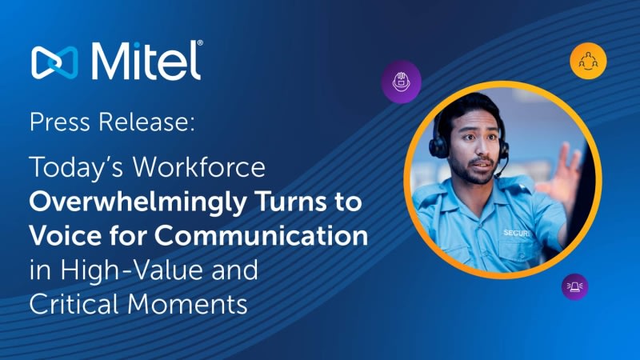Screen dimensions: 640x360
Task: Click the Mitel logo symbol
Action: pos(54,62)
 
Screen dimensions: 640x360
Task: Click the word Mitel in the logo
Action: pos(145,61)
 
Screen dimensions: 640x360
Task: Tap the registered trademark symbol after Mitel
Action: pos(200,43)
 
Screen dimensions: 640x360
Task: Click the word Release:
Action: pos(146,122)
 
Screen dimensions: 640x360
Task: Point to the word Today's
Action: pos(76,168)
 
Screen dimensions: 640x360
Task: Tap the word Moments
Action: pos(187,304)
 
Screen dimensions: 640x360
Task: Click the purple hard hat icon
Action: pos(402,82)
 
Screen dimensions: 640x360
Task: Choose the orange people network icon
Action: pos(588,61)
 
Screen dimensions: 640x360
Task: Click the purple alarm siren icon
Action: pos(574,286)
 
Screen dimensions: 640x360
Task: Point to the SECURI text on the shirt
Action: pos(517,233)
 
